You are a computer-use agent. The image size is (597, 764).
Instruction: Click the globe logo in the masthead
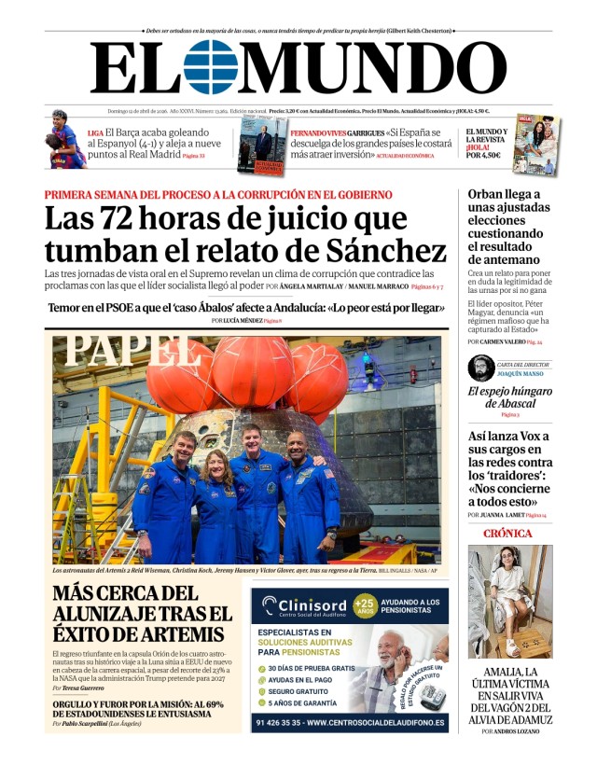click(211, 67)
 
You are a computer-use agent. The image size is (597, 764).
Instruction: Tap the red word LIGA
click(95, 132)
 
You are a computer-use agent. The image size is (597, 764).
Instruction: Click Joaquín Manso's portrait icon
click(481, 368)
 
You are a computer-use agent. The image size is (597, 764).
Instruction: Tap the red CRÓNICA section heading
click(508, 534)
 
